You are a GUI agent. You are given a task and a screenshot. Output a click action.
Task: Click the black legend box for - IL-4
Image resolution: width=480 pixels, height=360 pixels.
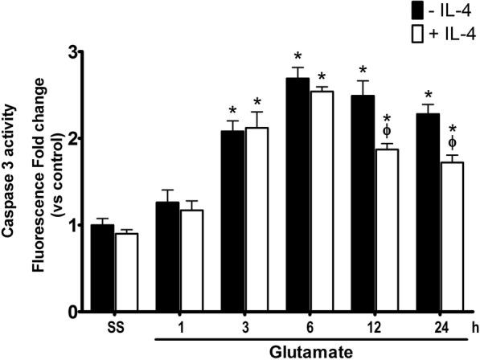pos(417,12)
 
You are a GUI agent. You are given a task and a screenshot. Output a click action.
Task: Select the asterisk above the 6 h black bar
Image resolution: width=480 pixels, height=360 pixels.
pos(297,56)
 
